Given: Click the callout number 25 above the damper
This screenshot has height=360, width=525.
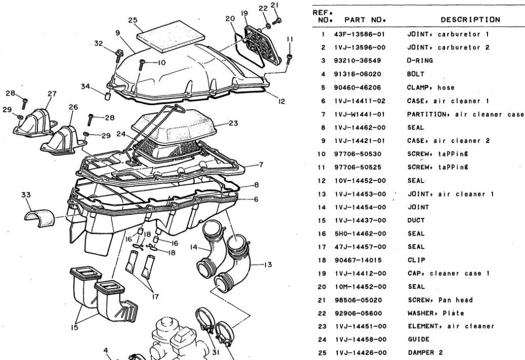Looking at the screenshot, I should point(133,21).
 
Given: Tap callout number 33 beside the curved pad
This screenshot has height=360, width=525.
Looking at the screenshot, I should point(26,195).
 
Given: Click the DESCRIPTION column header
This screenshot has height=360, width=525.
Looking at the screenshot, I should point(470,20).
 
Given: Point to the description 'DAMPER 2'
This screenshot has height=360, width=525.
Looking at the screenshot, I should point(425,352).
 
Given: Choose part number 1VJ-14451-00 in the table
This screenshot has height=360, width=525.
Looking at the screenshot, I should point(361,326).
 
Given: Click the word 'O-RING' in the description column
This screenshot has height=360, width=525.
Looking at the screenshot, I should point(420,61).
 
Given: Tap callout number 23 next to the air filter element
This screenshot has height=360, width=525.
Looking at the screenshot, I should point(233,123).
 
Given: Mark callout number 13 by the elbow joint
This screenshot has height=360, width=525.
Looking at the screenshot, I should point(267,265).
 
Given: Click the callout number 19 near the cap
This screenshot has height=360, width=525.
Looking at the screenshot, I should point(244,13).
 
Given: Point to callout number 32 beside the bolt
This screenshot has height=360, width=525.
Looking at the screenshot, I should point(98,44).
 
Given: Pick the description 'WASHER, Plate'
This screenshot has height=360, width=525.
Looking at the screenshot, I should point(436,313).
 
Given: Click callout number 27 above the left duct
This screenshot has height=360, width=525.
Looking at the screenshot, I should point(52,94).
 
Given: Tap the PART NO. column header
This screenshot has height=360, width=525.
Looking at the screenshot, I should point(365,20).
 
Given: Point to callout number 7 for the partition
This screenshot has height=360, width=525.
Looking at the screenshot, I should point(260,165).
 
